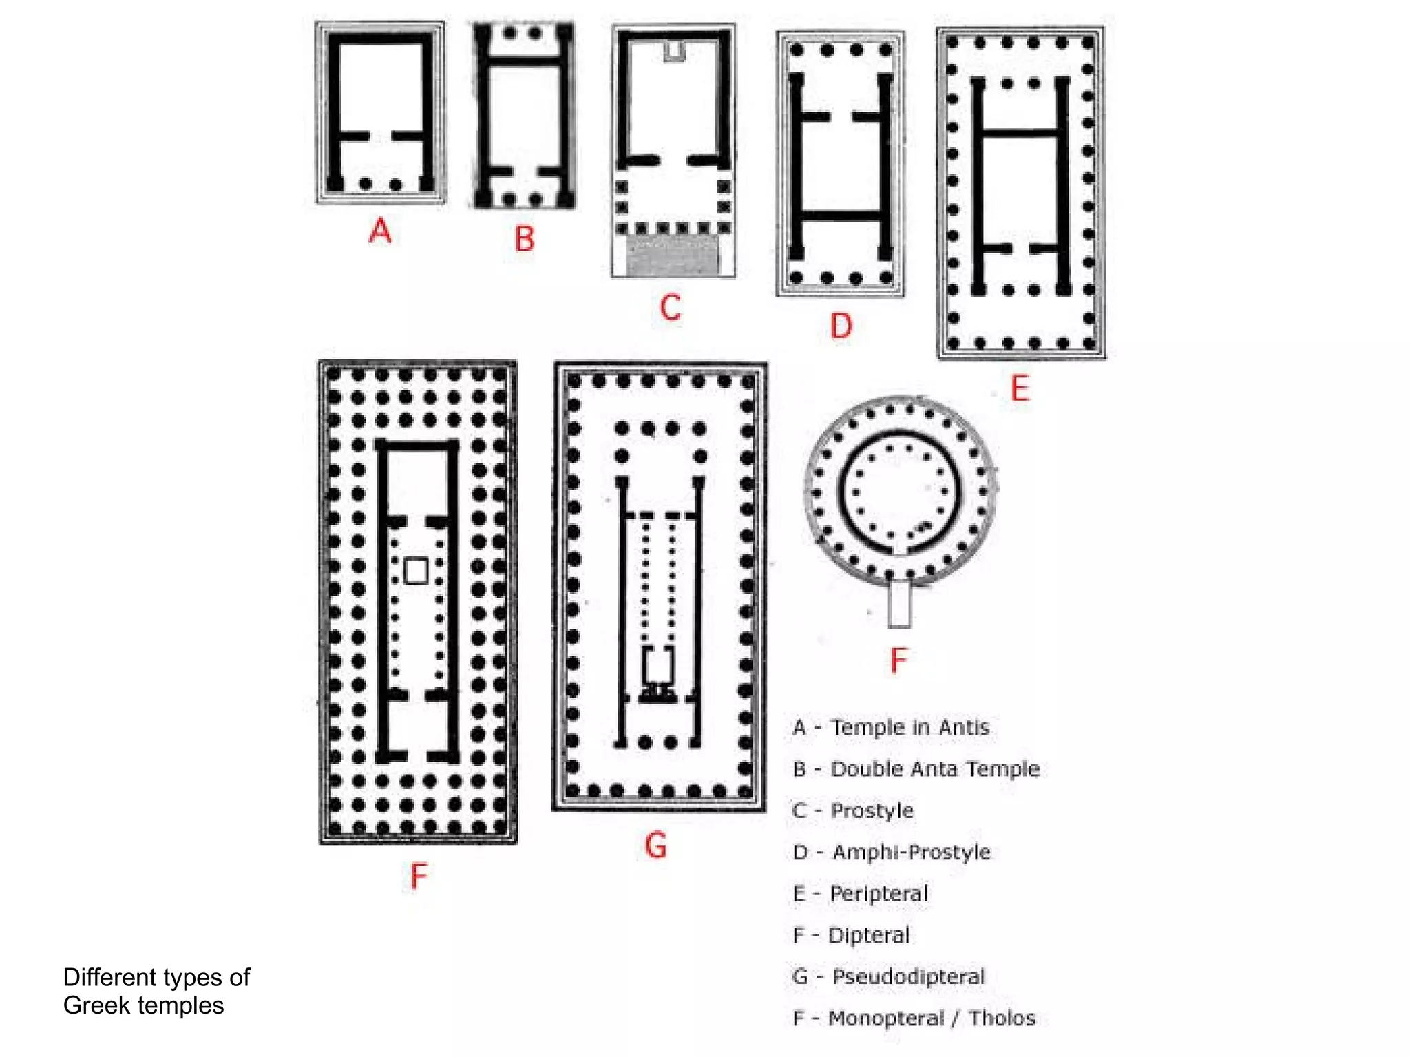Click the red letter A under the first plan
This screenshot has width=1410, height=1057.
pos(380,231)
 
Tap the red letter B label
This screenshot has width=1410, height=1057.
pos(525,239)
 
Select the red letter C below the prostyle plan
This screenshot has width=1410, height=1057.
pos(670,307)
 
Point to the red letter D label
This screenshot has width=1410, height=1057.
pos(841,326)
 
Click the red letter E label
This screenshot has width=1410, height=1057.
pos(1020,388)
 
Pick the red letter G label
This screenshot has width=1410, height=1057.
pos(655,845)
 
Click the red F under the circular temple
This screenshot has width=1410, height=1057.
pos(898,660)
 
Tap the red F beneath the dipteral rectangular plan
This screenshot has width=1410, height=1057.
pos(419,877)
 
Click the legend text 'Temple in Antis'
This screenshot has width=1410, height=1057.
pos(909,727)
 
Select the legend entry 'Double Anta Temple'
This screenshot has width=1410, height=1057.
pos(934,768)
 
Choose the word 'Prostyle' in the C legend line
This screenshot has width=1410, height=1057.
pos(872,810)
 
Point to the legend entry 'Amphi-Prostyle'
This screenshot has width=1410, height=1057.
pos(911,852)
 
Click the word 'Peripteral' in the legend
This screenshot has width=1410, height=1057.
pos(878,894)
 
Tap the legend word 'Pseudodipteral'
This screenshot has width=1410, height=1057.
pos(908,976)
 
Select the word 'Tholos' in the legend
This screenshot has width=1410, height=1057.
pos(1002,1018)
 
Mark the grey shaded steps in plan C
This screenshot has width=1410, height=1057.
pos(671,257)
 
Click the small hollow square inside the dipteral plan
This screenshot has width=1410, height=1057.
pos(416,571)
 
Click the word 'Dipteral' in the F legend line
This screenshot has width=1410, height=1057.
pos(868,935)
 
